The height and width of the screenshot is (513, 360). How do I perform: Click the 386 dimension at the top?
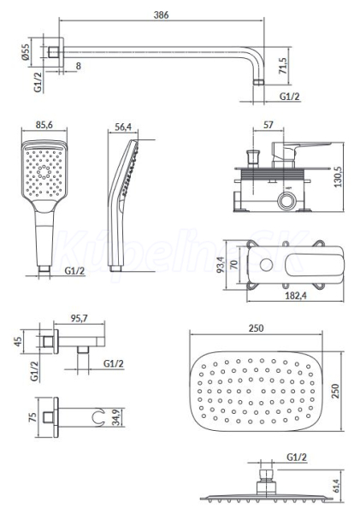(161, 15)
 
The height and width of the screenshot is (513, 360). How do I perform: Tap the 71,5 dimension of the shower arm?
(283, 66)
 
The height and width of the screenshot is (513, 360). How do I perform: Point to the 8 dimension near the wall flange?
(78, 66)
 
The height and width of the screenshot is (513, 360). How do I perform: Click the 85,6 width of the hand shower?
(44, 125)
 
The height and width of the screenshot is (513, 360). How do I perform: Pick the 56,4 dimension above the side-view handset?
(123, 127)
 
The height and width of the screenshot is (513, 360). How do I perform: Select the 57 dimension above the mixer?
(268, 125)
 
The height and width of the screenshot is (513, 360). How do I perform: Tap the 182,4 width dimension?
(296, 296)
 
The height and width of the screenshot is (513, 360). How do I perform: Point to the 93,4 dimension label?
(221, 265)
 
